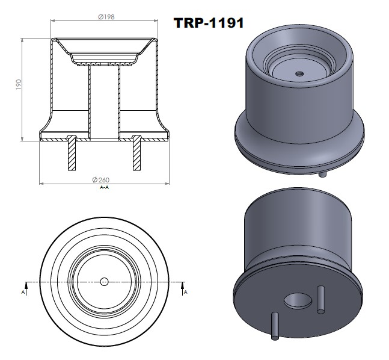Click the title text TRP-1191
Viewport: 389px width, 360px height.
point(209,23)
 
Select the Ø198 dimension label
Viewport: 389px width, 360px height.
point(106,17)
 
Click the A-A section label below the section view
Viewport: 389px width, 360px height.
point(104,187)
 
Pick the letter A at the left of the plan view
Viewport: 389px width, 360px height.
point(23,292)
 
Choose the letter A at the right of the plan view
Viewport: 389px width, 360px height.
point(185,292)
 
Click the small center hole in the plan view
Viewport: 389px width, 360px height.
point(104,281)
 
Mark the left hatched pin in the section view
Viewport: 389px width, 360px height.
point(72,152)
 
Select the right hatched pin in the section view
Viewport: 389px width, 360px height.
point(137,152)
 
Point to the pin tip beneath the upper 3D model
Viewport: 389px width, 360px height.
point(323,175)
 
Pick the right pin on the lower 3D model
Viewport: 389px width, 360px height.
point(321,299)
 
